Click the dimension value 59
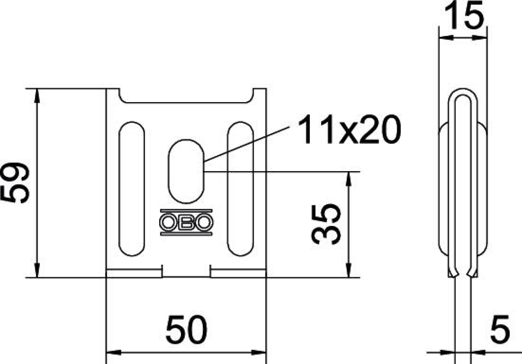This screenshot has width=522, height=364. point(15,183)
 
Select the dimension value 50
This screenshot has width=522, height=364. point(186,330)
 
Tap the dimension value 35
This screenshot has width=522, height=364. point(326,225)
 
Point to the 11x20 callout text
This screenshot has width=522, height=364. point(349,129)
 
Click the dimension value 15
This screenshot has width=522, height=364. point(464,15)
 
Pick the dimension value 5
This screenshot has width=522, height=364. point(500,330)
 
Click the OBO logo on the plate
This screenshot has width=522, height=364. point(186,222)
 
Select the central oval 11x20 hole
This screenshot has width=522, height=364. point(186,171)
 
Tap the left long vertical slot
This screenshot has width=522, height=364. point(132,189)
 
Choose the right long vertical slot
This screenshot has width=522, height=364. point(241,189)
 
